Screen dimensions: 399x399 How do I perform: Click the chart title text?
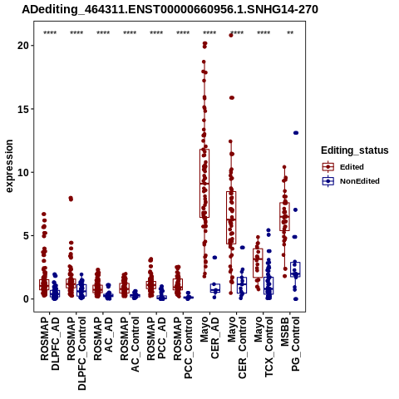[170, 9]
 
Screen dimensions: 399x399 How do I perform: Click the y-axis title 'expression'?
[9, 166]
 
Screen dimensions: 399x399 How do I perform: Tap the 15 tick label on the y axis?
[24, 109]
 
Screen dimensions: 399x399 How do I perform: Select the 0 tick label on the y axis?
[27, 299]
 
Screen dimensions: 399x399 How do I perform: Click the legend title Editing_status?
[355, 150]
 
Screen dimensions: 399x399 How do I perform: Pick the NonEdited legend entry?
[351, 181]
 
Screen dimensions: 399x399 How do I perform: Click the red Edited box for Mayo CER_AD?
[204, 183]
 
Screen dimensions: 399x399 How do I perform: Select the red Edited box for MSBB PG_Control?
[284, 216]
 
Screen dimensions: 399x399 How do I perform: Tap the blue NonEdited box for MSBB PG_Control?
[295, 269]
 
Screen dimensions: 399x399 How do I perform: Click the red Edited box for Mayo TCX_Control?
[258, 263]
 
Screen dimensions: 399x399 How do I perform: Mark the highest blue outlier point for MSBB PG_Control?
[296, 133]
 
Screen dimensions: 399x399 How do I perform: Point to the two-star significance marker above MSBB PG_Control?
[290, 33]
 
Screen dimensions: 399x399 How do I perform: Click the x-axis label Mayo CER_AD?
[209, 337]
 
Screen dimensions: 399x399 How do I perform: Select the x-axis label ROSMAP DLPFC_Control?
[76, 353]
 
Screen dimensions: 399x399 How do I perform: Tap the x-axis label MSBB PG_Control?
[290, 344]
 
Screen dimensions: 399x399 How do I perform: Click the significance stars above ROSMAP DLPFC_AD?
[50, 33]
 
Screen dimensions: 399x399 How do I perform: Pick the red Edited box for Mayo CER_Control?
[231, 218]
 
